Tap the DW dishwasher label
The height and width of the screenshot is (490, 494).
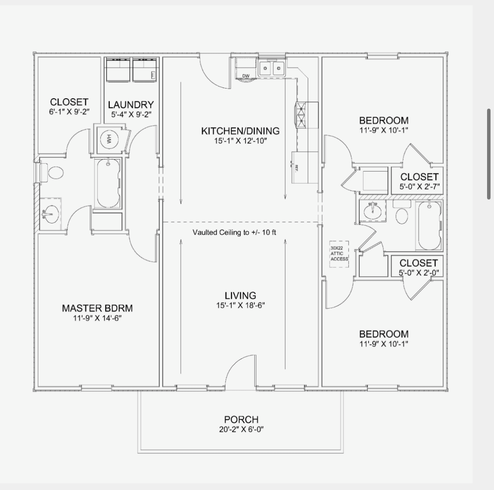[245, 76]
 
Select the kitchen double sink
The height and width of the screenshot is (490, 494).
[272, 68]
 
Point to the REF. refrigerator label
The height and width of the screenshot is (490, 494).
[296, 168]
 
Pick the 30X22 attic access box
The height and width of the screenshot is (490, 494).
[339, 254]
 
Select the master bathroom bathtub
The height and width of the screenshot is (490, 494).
[108, 183]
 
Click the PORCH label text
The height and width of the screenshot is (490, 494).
[241, 420]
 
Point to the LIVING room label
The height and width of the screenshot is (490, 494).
[240, 295]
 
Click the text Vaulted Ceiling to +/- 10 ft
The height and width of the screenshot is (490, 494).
[234, 232]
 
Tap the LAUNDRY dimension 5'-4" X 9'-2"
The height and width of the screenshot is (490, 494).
[131, 114]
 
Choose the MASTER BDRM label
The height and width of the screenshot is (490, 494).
[97, 308]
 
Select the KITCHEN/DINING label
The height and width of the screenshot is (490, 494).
[240, 131]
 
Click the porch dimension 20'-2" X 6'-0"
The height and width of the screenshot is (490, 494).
[241, 429]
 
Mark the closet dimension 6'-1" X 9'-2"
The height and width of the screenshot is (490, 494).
[69, 112]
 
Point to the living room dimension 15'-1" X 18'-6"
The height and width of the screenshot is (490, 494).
[240, 305]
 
